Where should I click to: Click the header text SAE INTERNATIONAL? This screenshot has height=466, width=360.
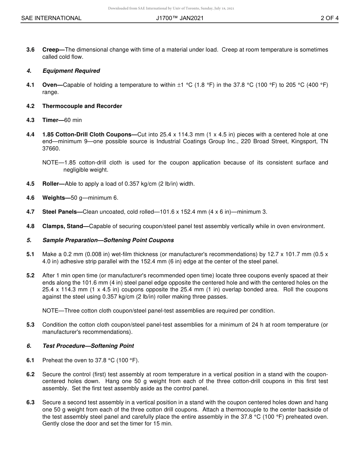pos(51,18)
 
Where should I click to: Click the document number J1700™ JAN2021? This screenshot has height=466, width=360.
pos(180,18)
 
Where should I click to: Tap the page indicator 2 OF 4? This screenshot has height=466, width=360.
pos(329,18)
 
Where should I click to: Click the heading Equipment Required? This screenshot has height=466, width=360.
pos(71,71)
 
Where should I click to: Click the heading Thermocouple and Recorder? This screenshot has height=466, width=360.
pos(82,106)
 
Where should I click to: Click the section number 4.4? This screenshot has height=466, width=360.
pos(30,134)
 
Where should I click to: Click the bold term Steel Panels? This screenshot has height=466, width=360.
pos(60,212)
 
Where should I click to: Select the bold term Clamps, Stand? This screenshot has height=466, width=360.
pos(63,226)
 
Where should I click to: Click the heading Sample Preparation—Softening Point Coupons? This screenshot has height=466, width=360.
pos(108,240)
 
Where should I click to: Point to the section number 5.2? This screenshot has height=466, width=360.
pos(30,275)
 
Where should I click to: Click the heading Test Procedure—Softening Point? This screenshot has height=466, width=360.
pos(88,346)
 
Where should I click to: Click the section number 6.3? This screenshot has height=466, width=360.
pos(30,402)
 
